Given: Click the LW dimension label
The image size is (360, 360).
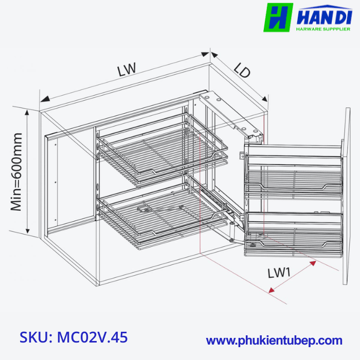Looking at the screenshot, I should click(x=126, y=69).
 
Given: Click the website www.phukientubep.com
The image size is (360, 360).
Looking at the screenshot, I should click(x=274, y=340).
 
